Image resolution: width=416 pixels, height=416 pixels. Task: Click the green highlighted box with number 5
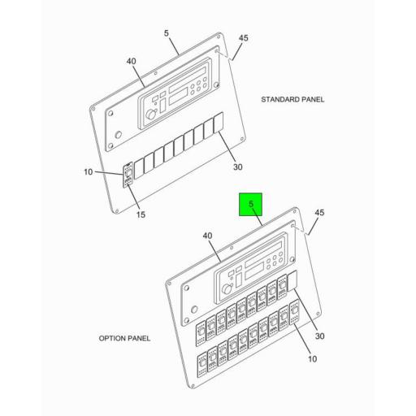coord(251,205)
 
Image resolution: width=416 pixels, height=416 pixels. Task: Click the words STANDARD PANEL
coord(292,99)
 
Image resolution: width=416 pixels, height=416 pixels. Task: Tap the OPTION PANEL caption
coord(124,338)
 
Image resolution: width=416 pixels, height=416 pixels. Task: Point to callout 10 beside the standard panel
coord(89,172)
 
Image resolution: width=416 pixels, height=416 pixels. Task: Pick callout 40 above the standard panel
coord(131,61)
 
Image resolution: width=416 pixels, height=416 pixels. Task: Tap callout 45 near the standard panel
coord(243,37)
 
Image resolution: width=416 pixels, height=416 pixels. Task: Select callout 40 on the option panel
coord(208,236)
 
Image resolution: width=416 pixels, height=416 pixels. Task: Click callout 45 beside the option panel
coord(319,213)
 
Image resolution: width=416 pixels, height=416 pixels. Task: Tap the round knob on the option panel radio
coord(228,289)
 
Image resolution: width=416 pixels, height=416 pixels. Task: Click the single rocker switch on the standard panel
coord(128,175)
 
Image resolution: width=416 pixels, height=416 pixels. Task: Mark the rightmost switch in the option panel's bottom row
coord(295,313)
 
